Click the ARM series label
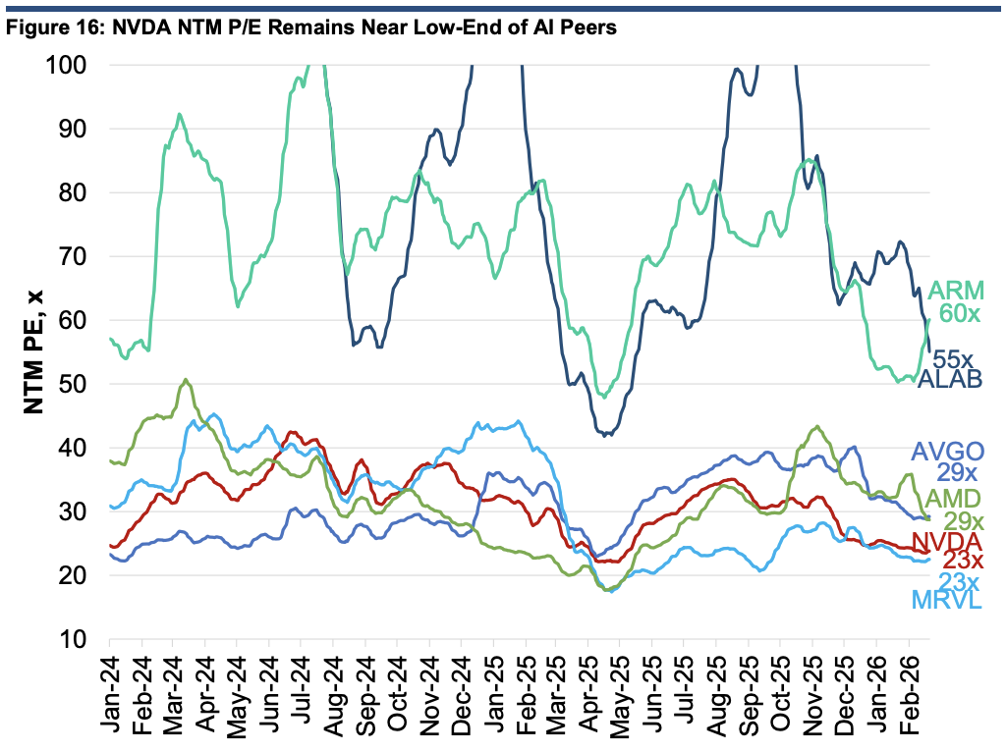[x=955, y=291]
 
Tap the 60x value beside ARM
[x=960, y=313]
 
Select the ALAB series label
[x=950, y=379]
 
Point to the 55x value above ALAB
[x=953, y=358]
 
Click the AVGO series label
[x=948, y=452]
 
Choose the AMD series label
[x=953, y=498]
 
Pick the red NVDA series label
[x=947, y=540]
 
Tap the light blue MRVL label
[x=947, y=600]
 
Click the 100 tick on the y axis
[x=66, y=64]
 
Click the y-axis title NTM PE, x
[x=33, y=352]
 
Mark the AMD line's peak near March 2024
[x=186, y=380]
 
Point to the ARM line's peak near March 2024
[x=180, y=115]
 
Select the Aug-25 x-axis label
[x=717, y=696]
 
